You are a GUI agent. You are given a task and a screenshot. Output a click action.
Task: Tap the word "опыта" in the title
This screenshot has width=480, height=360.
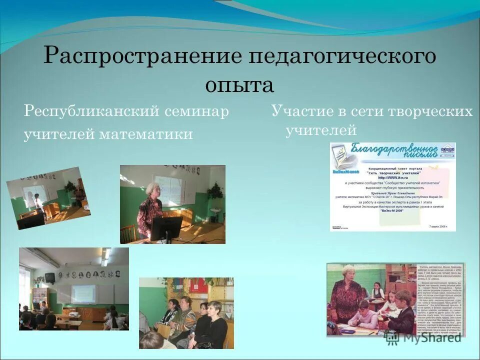239,84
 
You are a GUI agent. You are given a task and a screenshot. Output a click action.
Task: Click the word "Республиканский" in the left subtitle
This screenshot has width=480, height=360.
91,111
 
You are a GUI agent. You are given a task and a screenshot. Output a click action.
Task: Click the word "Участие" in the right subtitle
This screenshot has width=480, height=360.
300,111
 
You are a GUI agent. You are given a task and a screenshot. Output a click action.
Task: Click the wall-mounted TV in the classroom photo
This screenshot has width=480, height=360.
50,277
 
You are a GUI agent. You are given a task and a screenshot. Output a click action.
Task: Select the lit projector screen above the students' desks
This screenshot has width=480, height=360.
83,293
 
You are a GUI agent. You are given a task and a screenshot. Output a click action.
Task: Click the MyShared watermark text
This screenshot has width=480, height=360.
429,337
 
